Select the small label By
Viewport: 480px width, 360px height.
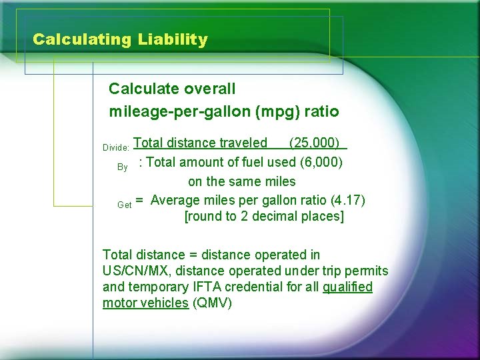click(x=123, y=167)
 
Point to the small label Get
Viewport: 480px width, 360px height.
click(x=124, y=205)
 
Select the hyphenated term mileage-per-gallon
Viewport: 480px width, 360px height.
click(x=179, y=111)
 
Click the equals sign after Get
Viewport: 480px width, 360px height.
click(x=139, y=200)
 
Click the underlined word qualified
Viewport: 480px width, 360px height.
click(x=347, y=287)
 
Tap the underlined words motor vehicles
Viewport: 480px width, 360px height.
click(x=145, y=303)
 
